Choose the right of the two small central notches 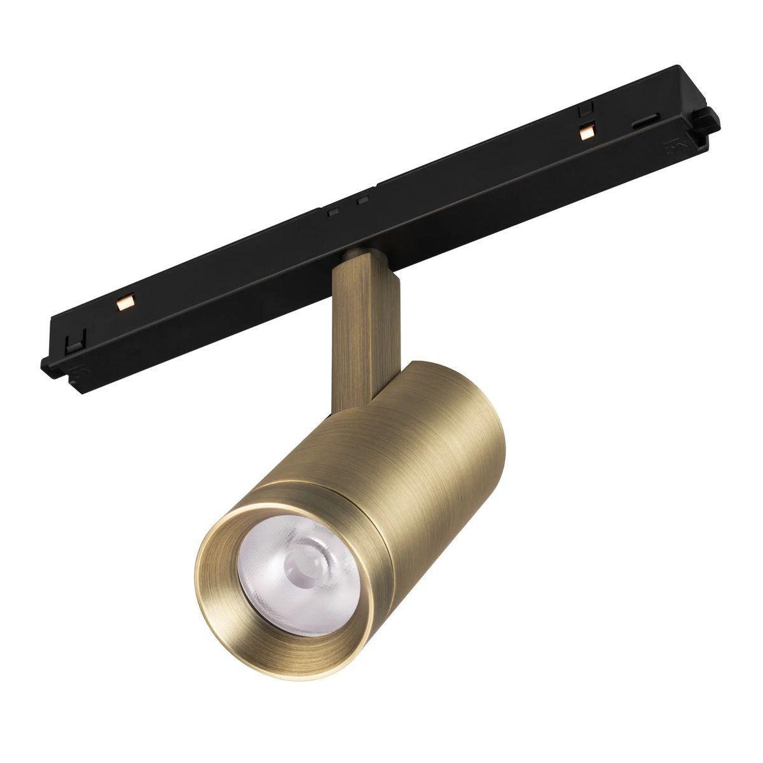363,202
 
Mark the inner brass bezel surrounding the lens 223,572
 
